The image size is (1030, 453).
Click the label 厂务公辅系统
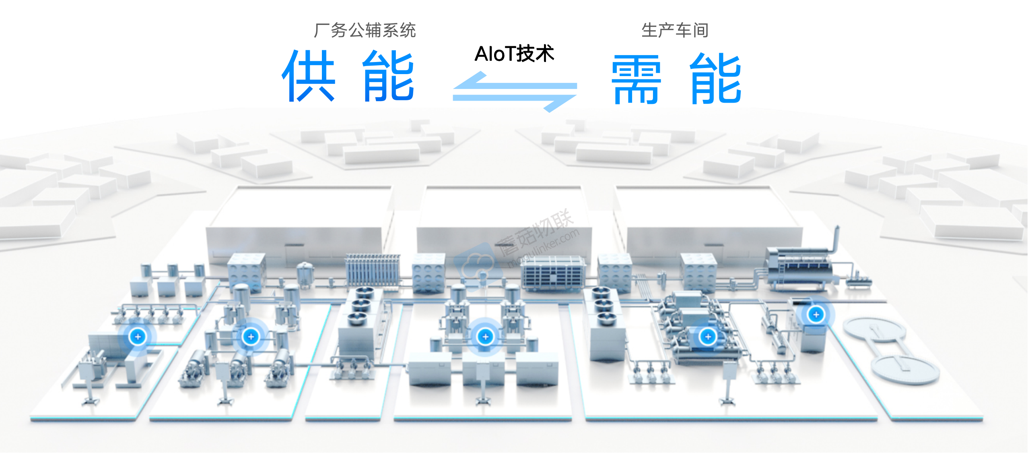pos(365,31)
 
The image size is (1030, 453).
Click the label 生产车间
pos(675,31)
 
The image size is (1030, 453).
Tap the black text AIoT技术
pos(514,54)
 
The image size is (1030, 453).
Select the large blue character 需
pos(636,80)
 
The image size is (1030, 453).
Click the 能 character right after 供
pos(389,76)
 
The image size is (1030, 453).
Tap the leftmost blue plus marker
pos(138,337)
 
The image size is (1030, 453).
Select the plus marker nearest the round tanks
pos(816,314)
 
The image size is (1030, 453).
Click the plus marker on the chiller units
pos(708,336)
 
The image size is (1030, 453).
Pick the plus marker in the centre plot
pos(485,337)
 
